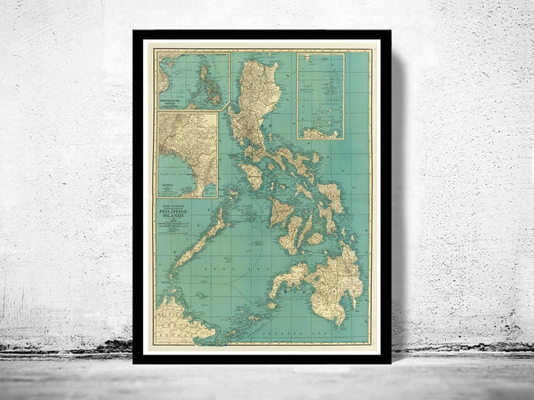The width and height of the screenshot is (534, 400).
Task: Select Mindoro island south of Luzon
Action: tap(252, 175)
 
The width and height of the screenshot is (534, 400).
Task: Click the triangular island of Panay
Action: tap(282, 213)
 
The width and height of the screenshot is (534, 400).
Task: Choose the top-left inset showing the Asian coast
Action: tap(191, 79)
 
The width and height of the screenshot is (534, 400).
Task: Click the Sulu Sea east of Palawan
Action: tap(240, 267)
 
